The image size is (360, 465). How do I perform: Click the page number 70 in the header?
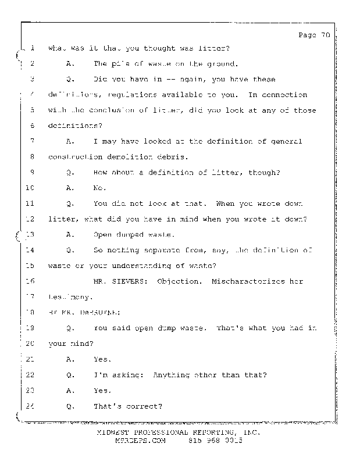(x=325, y=35)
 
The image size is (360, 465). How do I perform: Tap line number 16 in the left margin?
(x=31, y=281)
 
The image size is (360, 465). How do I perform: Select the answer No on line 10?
(x=98, y=188)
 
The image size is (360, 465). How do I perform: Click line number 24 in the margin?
(x=31, y=406)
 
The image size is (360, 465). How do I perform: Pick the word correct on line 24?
(x=145, y=406)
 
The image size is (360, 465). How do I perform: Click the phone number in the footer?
(x=215, y=441)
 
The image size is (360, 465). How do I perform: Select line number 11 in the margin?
(x=31, y=203)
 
